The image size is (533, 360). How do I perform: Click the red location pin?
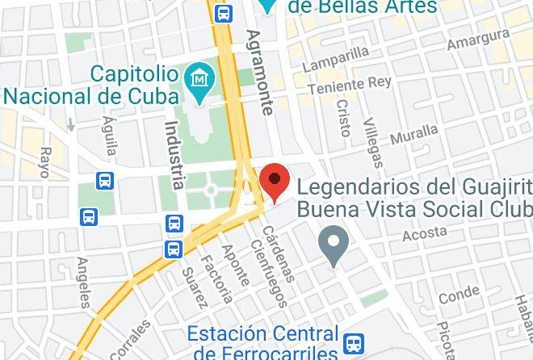[x=276, y=179]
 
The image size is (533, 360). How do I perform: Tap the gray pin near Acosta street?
[x=333, y=243]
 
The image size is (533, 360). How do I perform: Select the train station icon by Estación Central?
[x=353, y=344]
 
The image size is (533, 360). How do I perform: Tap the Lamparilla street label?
[x=335, y=59]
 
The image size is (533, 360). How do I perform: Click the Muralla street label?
[x=414, y=134]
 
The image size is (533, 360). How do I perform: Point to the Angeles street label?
[x=83, y=283]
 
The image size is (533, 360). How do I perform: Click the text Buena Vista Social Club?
[x=415, y=209]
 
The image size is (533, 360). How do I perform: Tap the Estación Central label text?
[x=262, y=333]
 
